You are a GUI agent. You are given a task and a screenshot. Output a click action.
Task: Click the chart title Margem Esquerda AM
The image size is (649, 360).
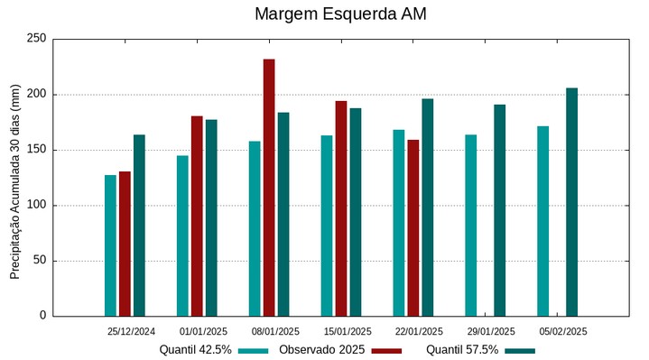click(x=340, y=14)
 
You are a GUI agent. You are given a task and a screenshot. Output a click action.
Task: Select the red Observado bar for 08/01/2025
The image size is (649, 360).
click(x=269, y=188)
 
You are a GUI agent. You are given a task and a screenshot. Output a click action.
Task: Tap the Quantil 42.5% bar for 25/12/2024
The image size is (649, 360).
click(x=110, y=245)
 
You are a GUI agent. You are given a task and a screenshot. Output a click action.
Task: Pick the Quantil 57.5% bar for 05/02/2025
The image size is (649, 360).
click(x=571, y=202)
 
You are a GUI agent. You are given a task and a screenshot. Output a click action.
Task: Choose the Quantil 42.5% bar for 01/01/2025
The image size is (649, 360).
click(x=182, y=235)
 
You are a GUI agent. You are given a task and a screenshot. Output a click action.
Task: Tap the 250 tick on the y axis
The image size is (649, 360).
click(x=37, y=39)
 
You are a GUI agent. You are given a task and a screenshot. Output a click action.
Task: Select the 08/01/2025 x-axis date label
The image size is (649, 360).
click(x=275, y=331)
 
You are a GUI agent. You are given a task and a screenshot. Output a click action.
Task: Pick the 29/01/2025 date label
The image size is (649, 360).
click(x=492, y=331)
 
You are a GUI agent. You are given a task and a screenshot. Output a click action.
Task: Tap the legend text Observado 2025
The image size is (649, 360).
click(x=321, y=349)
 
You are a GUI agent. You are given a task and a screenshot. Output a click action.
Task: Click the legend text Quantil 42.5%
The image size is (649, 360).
click(x=196, y=349)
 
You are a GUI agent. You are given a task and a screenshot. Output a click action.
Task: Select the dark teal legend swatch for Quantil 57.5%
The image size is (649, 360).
click(x=519, y=350)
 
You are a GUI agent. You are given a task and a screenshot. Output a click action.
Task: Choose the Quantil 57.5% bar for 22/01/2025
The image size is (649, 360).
click(x=427, y=208)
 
